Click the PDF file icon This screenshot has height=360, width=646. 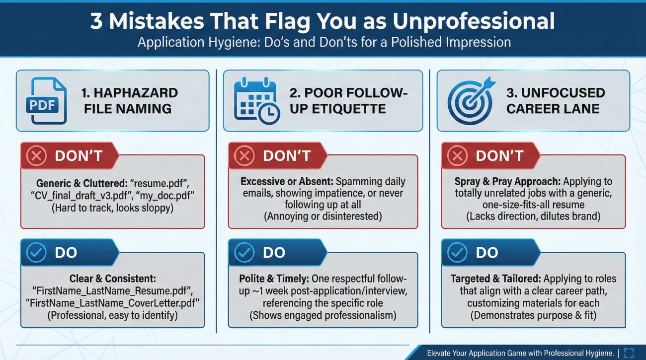[x=47, y=101]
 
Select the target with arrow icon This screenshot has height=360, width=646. [x=471, y=101]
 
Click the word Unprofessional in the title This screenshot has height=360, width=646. [x=474, y=21]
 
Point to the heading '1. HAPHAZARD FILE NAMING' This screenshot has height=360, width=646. [x=130, y=101]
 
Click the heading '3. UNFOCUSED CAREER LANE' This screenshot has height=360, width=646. [x=556, y=101]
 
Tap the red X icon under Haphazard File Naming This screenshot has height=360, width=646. [x=36, y=155]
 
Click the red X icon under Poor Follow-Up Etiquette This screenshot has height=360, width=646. [x=244, y=155]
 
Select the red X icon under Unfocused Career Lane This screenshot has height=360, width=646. [x=457, y=155]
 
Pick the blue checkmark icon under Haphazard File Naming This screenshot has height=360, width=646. [x=36, y=252]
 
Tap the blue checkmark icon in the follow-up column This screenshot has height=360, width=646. [x=244, y=252]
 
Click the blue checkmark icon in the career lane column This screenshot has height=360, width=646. [x=457, y=252]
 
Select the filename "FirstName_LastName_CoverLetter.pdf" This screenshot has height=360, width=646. [x=112, y=303]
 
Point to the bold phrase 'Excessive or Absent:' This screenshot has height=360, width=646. [x=287, y=182]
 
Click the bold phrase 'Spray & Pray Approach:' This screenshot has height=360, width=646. [x=507, y=182]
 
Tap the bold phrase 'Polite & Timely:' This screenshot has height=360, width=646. [x=274, y=279]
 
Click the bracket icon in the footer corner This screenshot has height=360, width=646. [x=629, y=353]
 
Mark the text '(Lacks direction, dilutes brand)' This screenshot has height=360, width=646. [x=533, y=216]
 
